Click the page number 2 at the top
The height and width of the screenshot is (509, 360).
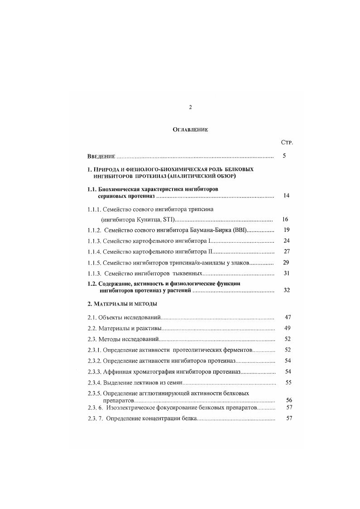click(190, 107)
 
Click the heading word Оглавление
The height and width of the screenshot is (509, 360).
click(190, 130)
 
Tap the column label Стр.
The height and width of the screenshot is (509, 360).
click(287, 142)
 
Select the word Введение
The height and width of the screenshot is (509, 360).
click(101, 157)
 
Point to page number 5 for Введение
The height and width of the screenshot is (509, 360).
click(284, 156)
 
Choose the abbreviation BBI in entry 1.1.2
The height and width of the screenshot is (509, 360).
click(237, 230)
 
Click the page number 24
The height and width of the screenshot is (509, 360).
click(286, 240)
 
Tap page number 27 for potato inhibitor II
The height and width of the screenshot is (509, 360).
click(286, 251)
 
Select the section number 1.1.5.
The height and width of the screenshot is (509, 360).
click(94, 263)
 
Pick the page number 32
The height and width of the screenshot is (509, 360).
click(286, 290)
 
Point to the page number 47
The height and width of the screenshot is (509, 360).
click(288, 317)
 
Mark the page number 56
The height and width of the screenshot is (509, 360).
click(289, 400)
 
